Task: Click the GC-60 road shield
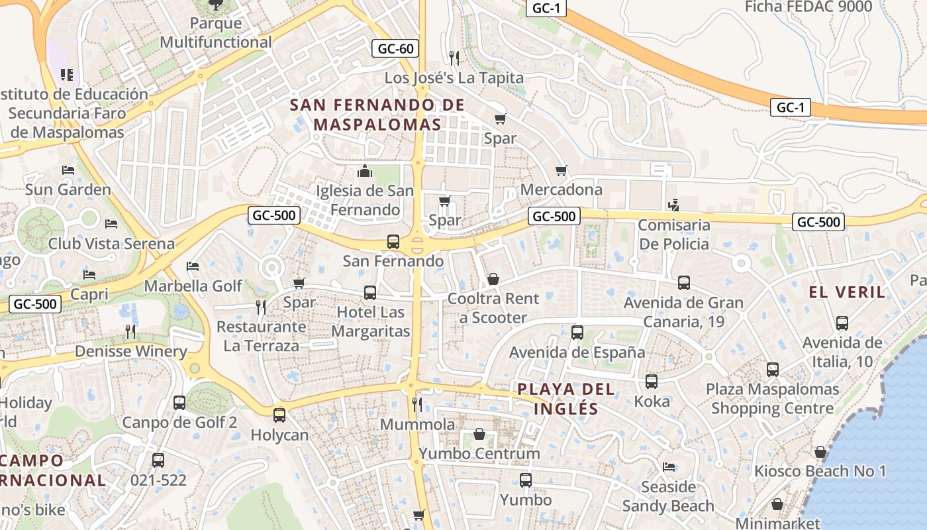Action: click(x=396, y=48)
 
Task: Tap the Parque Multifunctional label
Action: click(x=216, y=33)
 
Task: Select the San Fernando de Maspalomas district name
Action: click(x=377, y=115)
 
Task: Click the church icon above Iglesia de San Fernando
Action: click(x=364, y=172)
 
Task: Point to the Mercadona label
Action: click(x=561, y=190)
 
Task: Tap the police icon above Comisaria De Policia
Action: click(x=673, y=205)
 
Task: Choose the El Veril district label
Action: click(x=846, y=292)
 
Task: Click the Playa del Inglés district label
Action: click(x=565, y=399)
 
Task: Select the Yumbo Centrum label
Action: click(x=479, y=454)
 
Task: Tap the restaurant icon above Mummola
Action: click(x=417, y=403)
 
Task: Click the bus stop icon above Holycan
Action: click(x=279, y=415)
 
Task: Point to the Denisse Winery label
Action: click(x=131, y=351)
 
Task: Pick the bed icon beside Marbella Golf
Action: click(x=193, y=266)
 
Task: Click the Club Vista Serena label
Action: click(x=111, y=244)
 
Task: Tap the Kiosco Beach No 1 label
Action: click(x=820, y=472)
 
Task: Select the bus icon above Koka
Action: click(x=652, y=382)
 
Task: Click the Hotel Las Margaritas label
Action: click(x=370, y=321)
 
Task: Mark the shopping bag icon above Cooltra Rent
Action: click(x=493, y=279)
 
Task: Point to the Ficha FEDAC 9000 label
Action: click(x=808, y=7)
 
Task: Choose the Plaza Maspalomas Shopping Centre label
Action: click(x=772, y=399)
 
